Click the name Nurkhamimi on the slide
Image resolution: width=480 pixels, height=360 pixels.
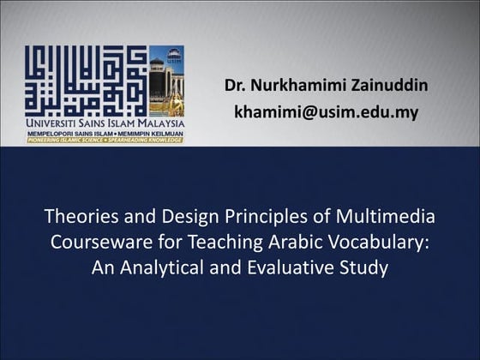pos(299,87)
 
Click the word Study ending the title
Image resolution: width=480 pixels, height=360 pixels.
pos(365,267)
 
